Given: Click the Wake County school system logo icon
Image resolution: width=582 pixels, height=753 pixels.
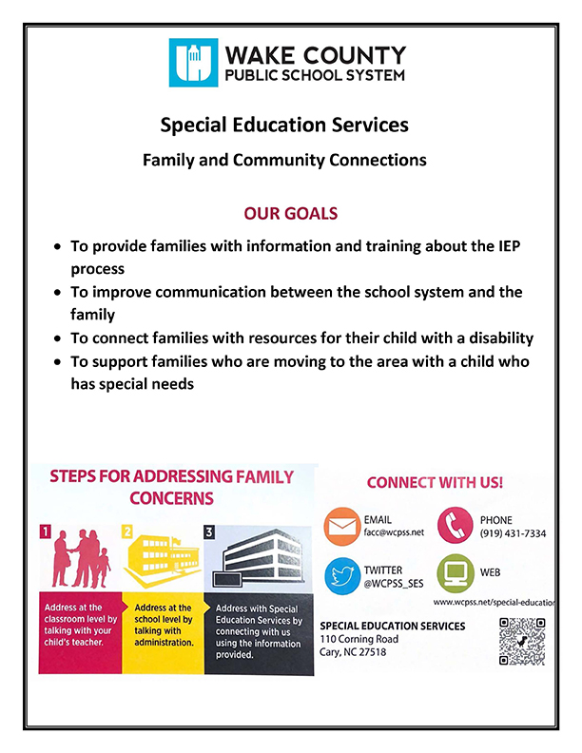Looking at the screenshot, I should [x=193, y=62].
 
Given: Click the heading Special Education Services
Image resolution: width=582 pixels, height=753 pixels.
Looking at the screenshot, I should [x=284, y=125].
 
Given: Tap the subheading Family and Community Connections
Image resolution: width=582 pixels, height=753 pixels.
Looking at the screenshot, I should [x=284, y=161].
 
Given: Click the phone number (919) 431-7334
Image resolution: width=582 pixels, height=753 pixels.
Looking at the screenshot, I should [x=513, y=534].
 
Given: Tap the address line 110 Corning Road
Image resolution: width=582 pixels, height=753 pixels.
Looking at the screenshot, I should [x=359, y=639].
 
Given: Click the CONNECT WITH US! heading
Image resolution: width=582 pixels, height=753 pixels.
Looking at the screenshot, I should [x=435, y=483].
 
